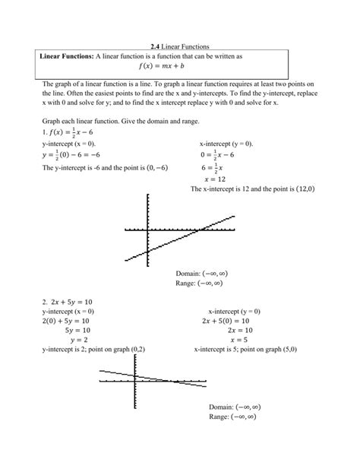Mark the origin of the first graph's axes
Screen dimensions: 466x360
click(148, 230)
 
